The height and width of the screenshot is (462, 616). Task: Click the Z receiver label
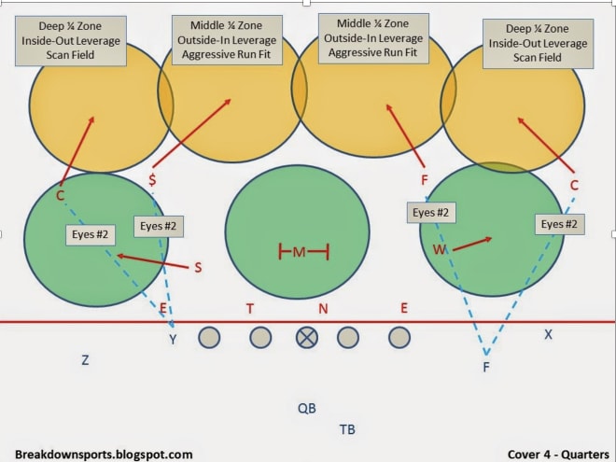85,359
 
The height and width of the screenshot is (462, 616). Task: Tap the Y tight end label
173,339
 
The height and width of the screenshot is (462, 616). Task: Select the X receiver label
548,334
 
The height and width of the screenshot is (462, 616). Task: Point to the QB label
307,408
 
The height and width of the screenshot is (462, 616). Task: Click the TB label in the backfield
347,429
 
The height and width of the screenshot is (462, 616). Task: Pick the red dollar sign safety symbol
152,180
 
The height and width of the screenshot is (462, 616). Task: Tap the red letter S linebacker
198,268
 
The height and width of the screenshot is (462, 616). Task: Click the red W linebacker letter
440,249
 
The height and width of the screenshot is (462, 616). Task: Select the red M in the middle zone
299,252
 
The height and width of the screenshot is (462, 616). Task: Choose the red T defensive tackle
250,309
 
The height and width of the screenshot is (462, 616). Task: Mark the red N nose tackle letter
323,309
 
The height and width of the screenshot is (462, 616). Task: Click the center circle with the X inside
307,338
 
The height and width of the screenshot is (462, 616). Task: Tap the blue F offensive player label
486,367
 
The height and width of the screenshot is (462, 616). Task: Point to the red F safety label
425,180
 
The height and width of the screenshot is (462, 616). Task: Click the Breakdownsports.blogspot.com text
104,455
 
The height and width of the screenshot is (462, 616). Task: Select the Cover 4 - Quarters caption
558,455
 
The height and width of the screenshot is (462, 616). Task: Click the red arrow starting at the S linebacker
153,261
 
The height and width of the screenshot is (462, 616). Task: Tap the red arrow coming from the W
472,244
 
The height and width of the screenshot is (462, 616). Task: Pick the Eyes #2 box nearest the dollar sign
159,227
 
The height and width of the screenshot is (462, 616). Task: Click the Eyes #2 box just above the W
431,213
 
